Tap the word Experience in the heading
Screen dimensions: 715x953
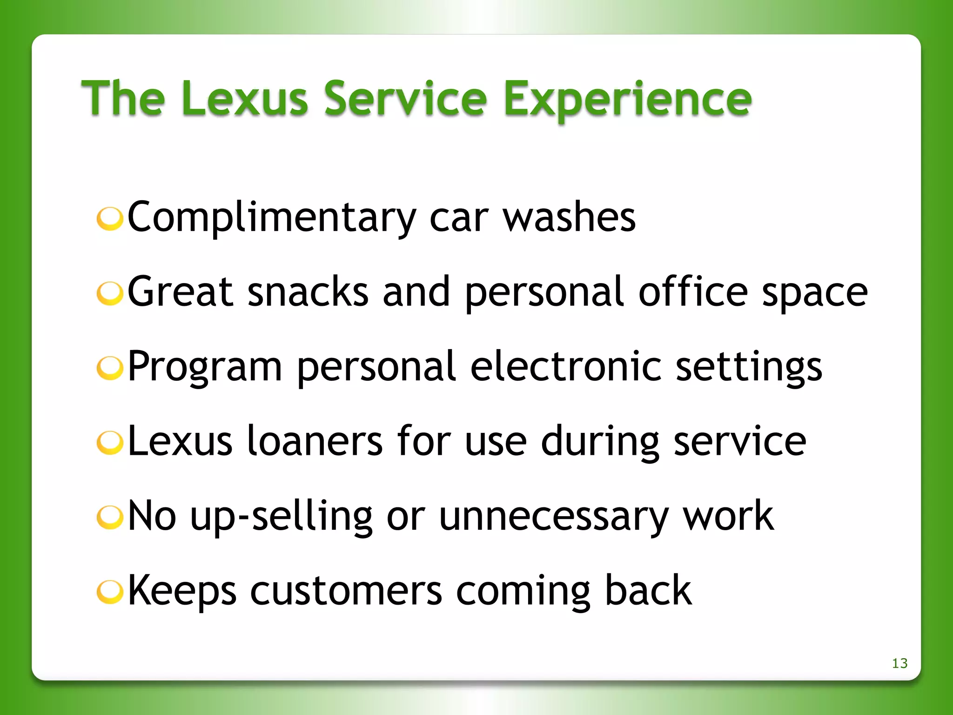point(627,100)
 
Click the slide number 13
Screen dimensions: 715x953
point(899,663)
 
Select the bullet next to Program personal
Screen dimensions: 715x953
point(110,368)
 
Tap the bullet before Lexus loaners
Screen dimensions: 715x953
point(110,443)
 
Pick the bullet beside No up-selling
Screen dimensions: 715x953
point(110,518)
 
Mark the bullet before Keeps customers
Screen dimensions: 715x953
point(110,592)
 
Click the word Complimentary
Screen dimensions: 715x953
point(271,218)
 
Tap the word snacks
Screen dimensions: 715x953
point(308,292)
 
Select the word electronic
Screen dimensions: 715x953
point(565,366)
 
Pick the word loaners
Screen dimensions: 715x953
point(315,441)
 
